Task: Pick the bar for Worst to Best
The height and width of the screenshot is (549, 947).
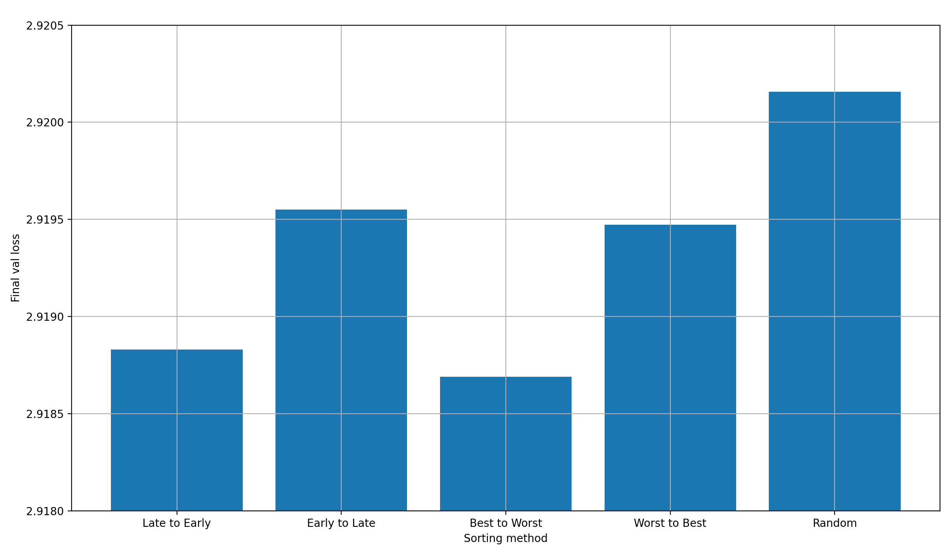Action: [x=670, y=367]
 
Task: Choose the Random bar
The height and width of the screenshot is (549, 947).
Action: [x=835, y=301]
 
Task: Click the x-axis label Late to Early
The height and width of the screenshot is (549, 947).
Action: [x=177, y=523]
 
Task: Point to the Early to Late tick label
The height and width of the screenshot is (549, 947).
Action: [x=341, y=523]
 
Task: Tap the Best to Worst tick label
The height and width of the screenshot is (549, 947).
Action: [x=505, y=523]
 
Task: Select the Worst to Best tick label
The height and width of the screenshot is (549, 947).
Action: [x=670, y=523]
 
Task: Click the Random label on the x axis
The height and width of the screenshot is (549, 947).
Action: [x=835, y=523]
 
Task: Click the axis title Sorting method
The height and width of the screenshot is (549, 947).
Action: [x=505, y=539]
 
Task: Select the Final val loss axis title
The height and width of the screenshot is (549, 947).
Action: [x=15, y=268]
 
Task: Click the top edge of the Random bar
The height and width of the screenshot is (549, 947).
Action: [x=835, y=92]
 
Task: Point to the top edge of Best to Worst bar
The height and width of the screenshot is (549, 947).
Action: [x=505, y=377]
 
